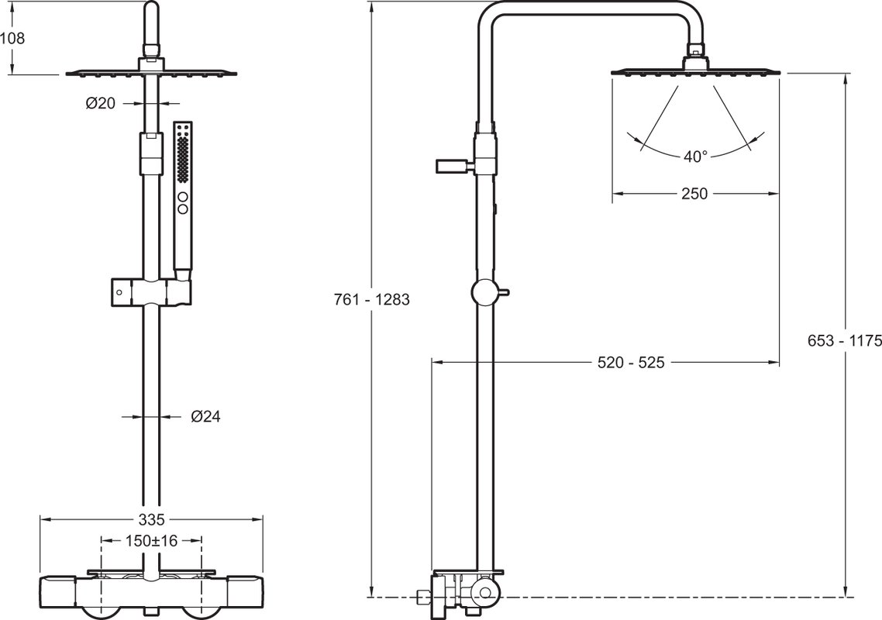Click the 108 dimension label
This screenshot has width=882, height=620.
pos(12,38)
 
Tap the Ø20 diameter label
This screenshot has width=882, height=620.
pos(101,103)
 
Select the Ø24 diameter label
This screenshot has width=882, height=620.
pos(206,416)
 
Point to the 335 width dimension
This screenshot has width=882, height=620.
pos(152,518)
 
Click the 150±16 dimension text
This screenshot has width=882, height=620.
pos(151,541)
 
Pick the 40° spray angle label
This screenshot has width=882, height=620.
pos(695,157)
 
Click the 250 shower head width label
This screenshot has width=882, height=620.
pos(694,194)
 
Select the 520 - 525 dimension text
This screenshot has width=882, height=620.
pos(631,363)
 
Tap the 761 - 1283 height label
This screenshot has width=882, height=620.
pos(372,299)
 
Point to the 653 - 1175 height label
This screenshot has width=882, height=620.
pos(844,340)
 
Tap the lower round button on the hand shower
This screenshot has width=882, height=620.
pos(183,208)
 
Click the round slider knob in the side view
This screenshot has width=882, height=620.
pos(485,292)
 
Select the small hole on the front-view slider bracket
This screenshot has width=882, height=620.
pos(119,292)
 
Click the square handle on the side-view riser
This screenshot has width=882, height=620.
pos(451,167)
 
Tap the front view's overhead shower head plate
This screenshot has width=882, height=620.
pos(152,72)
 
